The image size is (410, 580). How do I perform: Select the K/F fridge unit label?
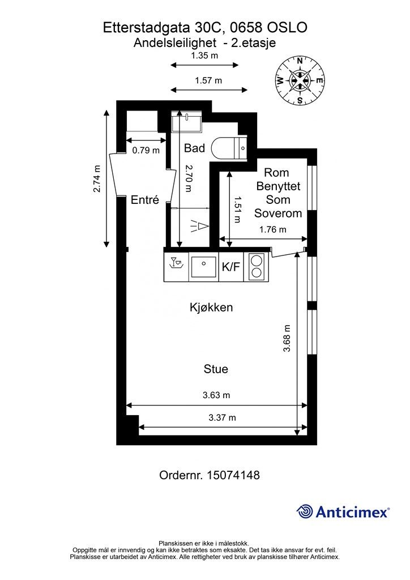coord(231,267)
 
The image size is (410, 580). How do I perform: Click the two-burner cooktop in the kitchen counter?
coord(255,267)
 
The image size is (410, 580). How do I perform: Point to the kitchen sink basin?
coord(203,265)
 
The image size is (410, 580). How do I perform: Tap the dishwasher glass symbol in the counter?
coord(176,262)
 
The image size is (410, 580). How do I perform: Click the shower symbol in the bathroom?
coord(200,225)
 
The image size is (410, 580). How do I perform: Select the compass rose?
coord(300,80)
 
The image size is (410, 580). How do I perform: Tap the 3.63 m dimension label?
coord(216,395)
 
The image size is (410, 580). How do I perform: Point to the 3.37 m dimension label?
coord(222,417)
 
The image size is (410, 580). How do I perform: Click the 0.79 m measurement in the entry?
coord(146,151)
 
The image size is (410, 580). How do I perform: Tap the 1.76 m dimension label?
coord(273,229)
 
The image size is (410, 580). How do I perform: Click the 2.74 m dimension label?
coord(97,178)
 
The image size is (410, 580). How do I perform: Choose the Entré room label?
coord(145,200)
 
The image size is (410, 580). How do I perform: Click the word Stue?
coord(216,369)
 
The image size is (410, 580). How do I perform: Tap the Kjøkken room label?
coord(211,308)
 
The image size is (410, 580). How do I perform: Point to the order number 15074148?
coord(233,475)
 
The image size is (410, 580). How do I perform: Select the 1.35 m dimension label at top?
coord(204,56)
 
